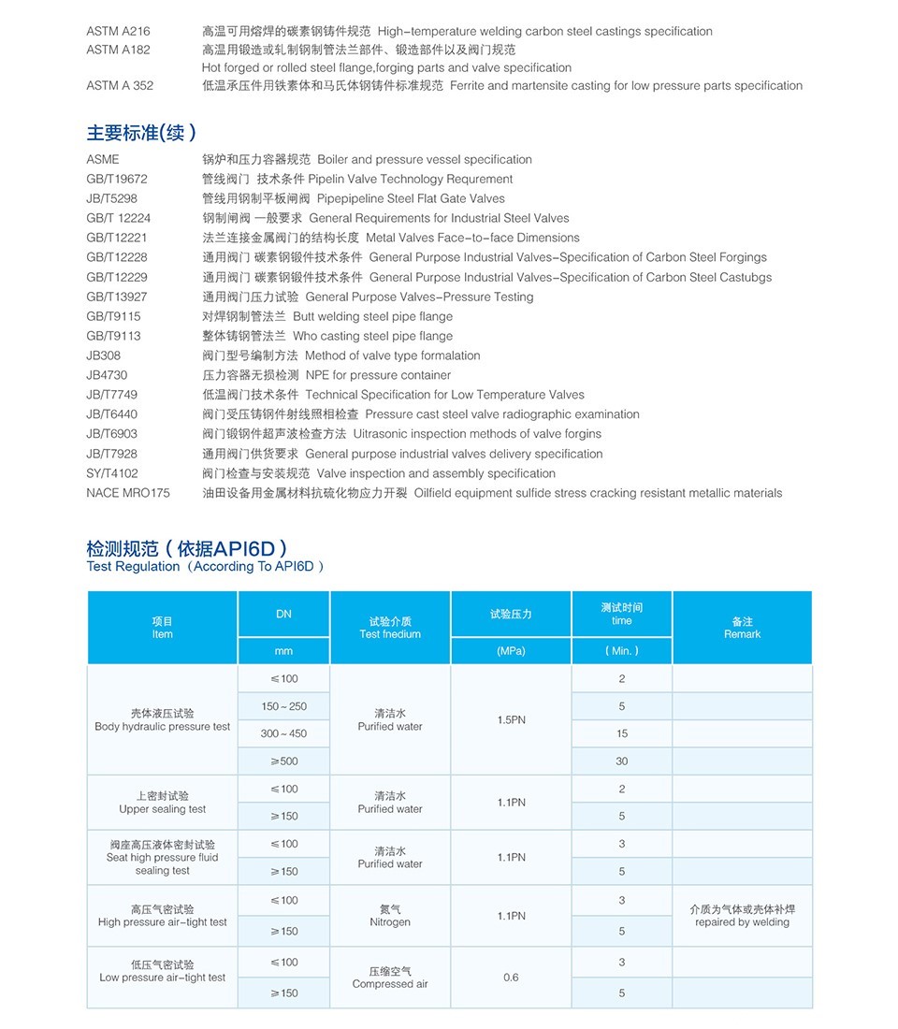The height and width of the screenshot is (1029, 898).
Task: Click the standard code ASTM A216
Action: [x=117, y=32]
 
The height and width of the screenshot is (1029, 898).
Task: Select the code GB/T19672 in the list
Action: [x=117, y=179]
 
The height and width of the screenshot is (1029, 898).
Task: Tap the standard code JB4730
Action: [x=107, y=375]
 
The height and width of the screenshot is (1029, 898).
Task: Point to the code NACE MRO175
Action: [x=128, y=493]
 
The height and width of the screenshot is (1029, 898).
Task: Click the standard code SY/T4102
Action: [x=112, y=473]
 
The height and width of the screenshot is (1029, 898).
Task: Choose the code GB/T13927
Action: [x=117, y=297]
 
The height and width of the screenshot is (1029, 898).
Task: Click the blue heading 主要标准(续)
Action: [x=141, y=133]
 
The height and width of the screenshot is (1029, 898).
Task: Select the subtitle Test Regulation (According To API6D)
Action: [x=205, y=567]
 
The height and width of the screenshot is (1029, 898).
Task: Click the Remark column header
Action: [x=742, y=628]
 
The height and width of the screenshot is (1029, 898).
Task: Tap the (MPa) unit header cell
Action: [x=511, y=651]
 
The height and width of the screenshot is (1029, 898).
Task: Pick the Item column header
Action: [x=162, y=628]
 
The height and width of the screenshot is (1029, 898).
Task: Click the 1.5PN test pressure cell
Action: [x=511, y=720]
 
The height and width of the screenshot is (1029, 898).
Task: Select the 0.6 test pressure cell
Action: [x=511, y=978]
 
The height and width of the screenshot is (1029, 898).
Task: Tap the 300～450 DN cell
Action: [x=283, y=734]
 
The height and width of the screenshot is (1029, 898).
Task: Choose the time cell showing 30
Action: [x=622, y=761]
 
